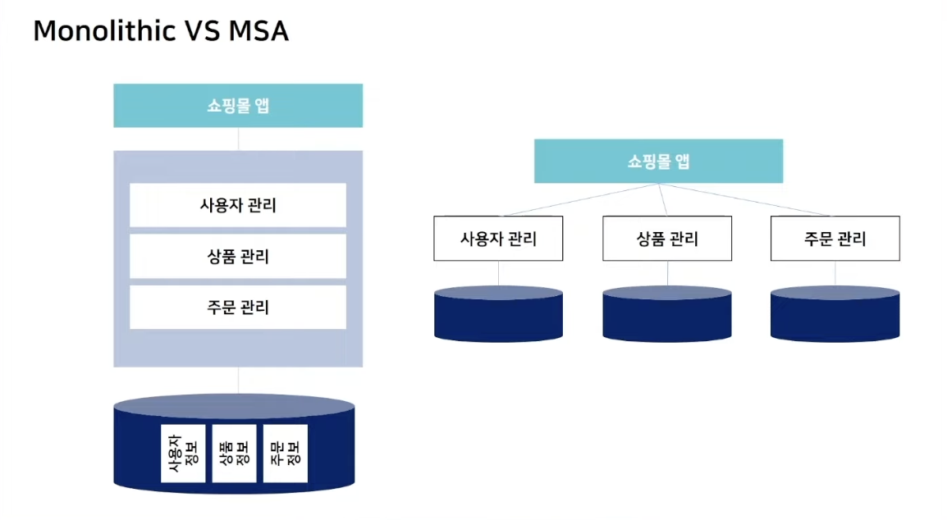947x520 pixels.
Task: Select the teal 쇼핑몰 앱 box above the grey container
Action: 238,106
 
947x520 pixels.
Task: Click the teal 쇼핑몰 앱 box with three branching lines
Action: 658,161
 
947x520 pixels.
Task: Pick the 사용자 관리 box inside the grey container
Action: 238,205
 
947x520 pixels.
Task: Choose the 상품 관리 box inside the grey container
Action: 238,256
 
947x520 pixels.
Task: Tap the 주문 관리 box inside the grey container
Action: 238,308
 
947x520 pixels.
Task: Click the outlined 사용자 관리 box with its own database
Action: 498,239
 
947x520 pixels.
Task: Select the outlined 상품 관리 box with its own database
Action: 667,239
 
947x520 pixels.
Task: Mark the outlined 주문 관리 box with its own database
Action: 835,239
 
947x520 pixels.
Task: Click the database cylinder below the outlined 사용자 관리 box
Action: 498,316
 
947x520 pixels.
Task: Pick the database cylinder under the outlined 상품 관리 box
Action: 667,316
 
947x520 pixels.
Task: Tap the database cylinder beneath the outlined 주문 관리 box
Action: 835,316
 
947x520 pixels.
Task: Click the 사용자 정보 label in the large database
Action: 183,453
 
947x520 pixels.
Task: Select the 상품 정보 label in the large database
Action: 234,453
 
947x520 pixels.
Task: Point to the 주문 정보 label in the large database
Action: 285,453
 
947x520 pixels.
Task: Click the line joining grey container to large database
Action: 238,380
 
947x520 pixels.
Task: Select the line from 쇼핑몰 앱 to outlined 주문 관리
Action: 747,200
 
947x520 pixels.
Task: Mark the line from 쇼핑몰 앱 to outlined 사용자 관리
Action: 579,200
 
